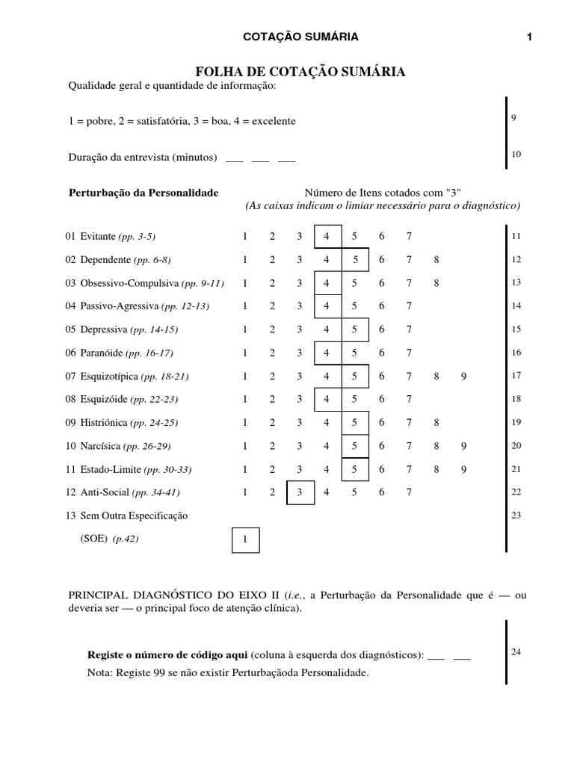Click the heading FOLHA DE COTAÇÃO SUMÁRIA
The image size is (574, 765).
click(x=300, y=72)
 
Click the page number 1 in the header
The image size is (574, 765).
click(x=529, y=37)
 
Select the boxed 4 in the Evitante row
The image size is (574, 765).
click(x=327, y=237)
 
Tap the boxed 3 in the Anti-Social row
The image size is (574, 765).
click(x=300, y=492)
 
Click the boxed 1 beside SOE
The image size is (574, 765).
click(x=244, y=539)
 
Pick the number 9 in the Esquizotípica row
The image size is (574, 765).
click(x=463, y=377)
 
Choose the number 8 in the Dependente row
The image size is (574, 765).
click(x=436, y=260)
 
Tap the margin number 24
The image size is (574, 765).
click(x=516, y=651)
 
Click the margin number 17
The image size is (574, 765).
click(x=516, y=375)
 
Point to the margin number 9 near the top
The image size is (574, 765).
click(x=514, y=118)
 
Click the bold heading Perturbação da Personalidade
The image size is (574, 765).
click(x=143, y=193)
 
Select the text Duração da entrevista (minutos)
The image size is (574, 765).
click(x=143, y=158)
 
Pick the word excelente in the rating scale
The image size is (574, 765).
click(x=274, y=120)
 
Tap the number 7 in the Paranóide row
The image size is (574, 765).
click(x=409, y=353)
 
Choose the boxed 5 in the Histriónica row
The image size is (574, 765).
click(x=354, y=423)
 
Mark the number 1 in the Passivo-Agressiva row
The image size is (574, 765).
click(x=244, y=306)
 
